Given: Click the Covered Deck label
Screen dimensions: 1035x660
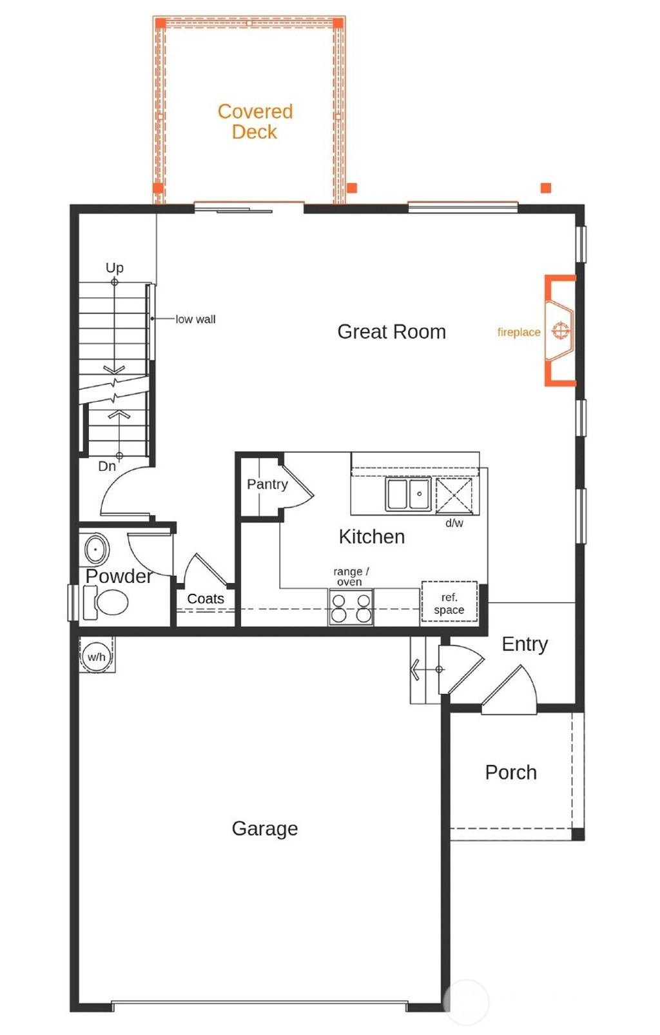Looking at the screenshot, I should [x=255, y=121].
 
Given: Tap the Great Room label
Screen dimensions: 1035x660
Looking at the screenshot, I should [x=391, y=331].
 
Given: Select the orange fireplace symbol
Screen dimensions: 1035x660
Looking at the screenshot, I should [x=560, y=331].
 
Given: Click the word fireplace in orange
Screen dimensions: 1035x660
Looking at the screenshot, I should [x=518, y=332].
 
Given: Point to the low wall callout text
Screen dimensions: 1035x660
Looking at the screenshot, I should [x=195, y=319].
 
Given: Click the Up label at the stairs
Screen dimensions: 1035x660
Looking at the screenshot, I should [x=114, y=267].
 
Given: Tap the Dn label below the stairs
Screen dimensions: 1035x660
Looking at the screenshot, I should [x=107, y=466].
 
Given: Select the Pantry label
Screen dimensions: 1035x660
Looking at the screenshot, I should [x=267, y=484].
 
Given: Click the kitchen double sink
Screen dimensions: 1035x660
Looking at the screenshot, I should [x=408, y=494].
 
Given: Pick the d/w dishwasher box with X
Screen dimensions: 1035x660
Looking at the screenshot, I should [x=454, y=495].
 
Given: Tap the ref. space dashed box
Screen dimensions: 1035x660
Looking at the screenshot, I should [x=449, y=604].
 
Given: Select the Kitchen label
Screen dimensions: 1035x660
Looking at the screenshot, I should [x=372, y=537].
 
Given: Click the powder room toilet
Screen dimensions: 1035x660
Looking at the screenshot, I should [x=108, y=603].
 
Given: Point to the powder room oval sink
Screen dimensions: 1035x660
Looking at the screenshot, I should [x=97, y=549].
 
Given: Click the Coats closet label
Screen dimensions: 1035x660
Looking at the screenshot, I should [x=206, y=598].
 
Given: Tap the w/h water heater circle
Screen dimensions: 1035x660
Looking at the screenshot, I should [x=96, y=656].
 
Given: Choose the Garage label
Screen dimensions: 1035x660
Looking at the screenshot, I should [x=264, y=828].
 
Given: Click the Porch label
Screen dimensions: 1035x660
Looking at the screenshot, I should [x=510, y=772].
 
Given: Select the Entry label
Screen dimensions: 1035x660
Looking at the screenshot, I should [x=524, y=644].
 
